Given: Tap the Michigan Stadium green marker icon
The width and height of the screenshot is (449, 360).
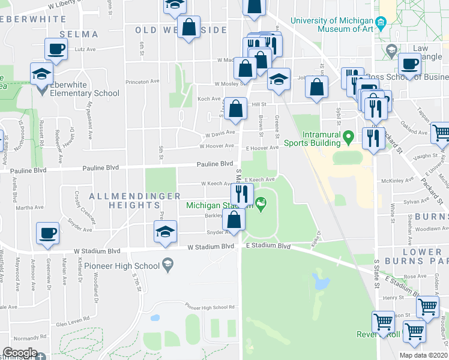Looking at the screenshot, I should [x=261, y=204].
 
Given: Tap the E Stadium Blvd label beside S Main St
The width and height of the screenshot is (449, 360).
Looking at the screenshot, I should [x=268, y=246].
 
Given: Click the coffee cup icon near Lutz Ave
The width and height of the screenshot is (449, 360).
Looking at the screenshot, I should [x=56, y=49].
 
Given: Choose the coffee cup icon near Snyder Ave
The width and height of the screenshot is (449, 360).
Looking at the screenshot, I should [x=47, y=233].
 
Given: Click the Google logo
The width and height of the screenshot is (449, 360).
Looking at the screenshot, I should [x=20, y=353].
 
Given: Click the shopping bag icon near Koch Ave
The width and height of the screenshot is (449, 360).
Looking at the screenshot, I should [x=237, y=109].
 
